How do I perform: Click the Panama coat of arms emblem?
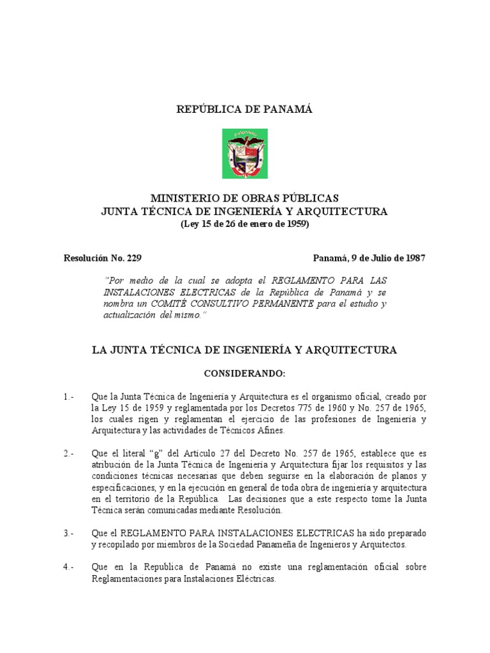pyautogui.click(x=244, y=153)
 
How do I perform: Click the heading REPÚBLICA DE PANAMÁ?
pyautogui.click(x=244, y=110)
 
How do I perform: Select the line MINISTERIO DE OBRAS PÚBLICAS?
pyautogui.click(x=244, y=198)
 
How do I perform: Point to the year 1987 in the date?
pyautogui.click(x=412, y=258)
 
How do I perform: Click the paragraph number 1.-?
pyautogui.click(x=70, y=397)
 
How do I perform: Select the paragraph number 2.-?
pyautogui.click(x=70, y=453)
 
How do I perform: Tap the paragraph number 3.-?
pyautogui.click(x=70, y=532)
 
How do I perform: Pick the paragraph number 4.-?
pyautogui.click(x=70, y=567)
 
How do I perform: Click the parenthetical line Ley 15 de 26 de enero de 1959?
pyautogui.click(x=244, y=224)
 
